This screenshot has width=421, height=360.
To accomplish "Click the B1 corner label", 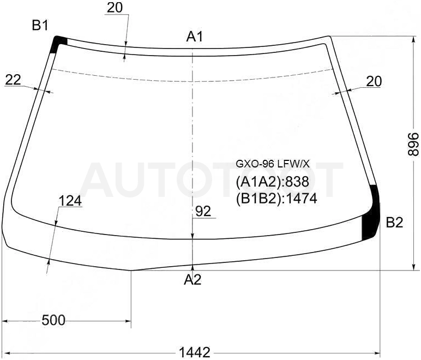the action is click(40, 26).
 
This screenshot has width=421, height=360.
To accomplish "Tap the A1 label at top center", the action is click(195, 37).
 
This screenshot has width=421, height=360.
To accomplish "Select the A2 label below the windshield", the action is click(193, 280).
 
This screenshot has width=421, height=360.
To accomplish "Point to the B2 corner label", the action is click(394, 223).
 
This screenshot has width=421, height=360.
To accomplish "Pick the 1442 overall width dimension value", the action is click(195, 352).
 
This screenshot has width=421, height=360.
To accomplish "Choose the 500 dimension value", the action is click(53, 320).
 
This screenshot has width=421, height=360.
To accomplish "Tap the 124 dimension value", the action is click(70, 201).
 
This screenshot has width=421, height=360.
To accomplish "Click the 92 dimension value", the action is click(203, 212).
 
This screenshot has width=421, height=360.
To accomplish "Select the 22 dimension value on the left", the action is click(13, 80).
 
